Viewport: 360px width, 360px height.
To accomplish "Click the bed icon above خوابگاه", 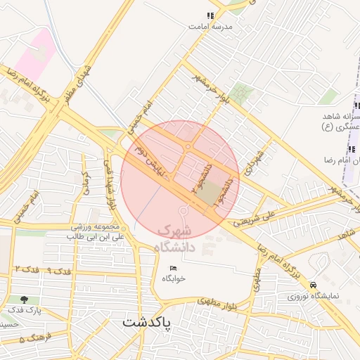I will click(x=174, y=269).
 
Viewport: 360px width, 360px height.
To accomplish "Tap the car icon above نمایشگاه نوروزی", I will click(x=313, y=285).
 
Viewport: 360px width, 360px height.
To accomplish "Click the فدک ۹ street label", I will click(x=59, y=269).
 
